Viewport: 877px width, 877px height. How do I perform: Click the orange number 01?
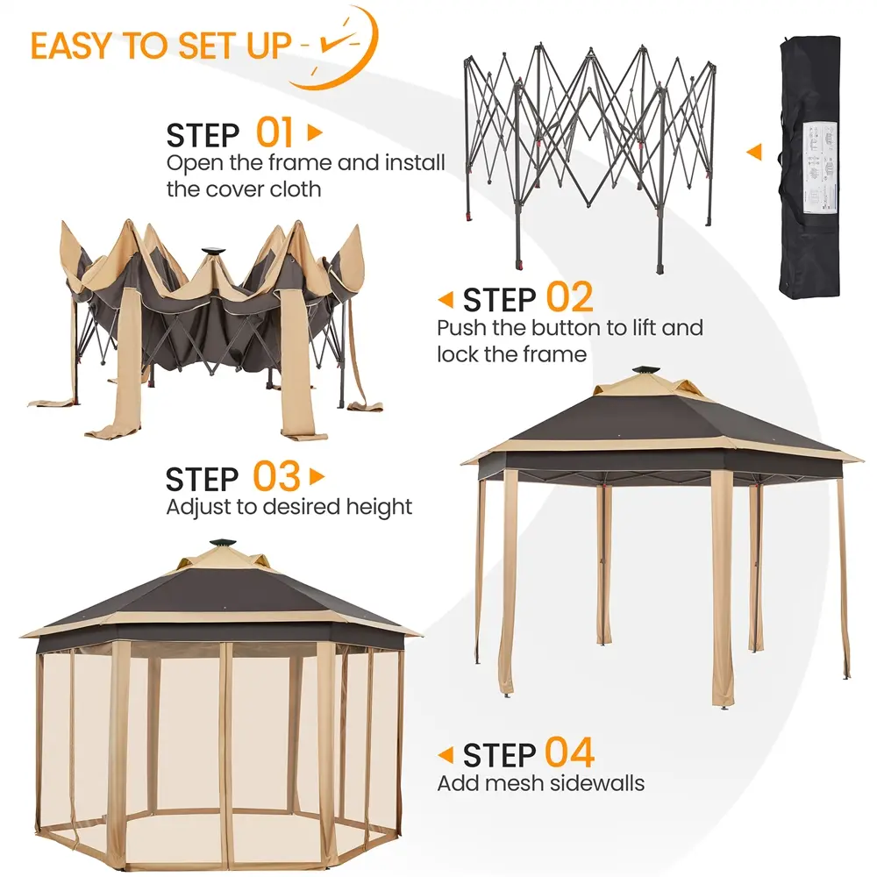coord(274,132)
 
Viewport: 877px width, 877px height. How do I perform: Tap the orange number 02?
coord(569,297)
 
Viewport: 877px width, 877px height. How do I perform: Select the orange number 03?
coord(276,476)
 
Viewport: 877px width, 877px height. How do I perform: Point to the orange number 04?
coord(569,752)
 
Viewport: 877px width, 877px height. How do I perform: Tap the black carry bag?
coord(809,167)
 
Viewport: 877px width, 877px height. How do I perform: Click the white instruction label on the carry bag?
coord(821,168)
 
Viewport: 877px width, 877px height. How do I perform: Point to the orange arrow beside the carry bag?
coord(754,152)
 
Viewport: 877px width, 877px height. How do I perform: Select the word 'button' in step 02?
coord(566,328)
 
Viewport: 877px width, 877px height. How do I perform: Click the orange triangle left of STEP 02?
coord(446,300)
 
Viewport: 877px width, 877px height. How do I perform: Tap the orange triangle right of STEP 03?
coord(317,476)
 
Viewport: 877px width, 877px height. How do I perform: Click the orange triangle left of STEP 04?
coord(446,755)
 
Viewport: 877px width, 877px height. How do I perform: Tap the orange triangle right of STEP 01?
coord(315,132)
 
